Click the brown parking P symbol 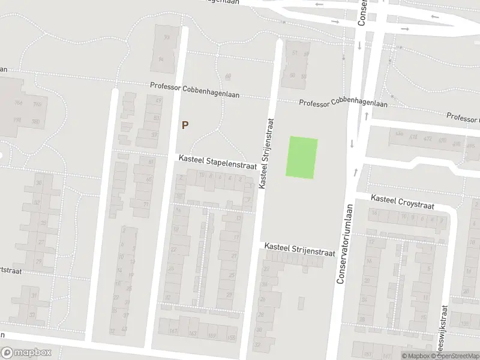[x=185, y=125]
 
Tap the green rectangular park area [x=302, y=157]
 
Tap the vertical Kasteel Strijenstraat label [x=266, y=154]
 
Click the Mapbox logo [x=26, y=353]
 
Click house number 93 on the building [x=167, y=37]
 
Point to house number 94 [x=161, y=59]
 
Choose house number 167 [x=174, y=332]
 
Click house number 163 [x=193, y=332]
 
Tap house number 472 [x=427, y=140]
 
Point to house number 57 [x=155, y=134]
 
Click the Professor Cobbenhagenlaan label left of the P [x=185, y=87]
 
